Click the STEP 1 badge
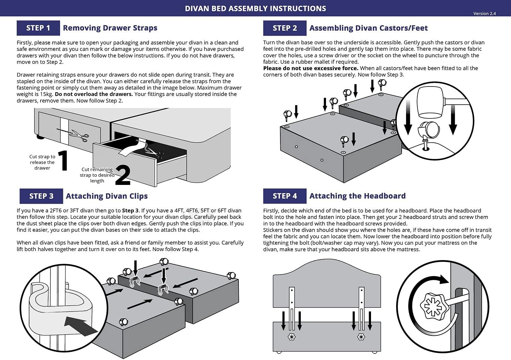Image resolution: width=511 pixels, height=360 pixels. point(38,28)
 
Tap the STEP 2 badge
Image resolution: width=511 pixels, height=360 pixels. point(285,28)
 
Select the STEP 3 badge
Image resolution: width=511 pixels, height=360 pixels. point(41,196)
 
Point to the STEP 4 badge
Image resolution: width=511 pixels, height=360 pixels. point(285,196)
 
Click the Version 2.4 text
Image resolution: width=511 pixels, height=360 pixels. point(484,14)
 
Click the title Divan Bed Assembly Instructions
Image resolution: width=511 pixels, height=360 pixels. point(255,9)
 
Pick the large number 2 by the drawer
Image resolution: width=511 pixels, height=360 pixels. point(123,175)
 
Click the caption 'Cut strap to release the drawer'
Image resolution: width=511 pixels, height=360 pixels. point(42,162)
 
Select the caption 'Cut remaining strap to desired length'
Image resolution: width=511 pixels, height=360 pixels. point(97,175)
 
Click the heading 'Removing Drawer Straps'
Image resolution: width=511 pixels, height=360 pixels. point(110,28)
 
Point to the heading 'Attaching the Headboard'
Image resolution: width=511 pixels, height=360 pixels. point(357,196)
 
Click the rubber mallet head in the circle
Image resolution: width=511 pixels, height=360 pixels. point(430,101)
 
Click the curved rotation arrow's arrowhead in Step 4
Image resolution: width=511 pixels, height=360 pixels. point(444,280)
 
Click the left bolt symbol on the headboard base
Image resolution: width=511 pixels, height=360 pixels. point(292,337)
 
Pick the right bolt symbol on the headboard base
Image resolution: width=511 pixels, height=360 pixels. point(361,337)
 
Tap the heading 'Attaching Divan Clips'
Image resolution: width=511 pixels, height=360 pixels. point(107,196)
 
